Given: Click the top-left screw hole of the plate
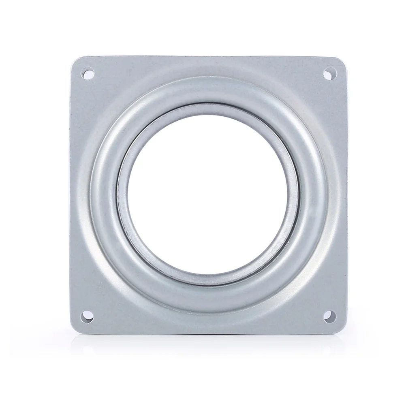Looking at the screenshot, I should pos(87,74).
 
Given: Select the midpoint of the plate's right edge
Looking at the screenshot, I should pos(347,194).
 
